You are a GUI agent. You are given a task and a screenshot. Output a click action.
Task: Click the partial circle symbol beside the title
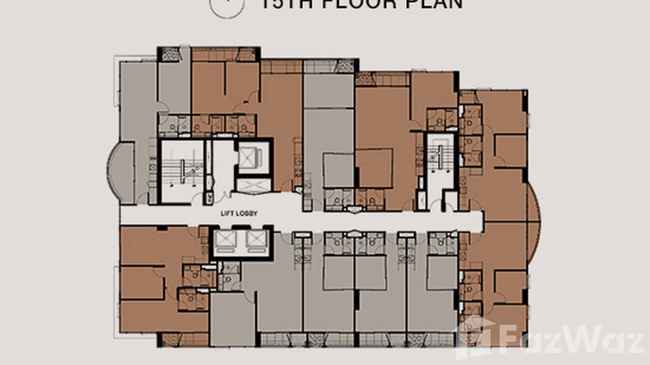(226, 7)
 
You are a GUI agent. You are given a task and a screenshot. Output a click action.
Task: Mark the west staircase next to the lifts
(182, 172)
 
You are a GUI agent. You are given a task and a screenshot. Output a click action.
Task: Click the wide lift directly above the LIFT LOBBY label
(253, 185)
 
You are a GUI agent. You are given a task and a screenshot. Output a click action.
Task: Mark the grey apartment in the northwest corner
(138, 121)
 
